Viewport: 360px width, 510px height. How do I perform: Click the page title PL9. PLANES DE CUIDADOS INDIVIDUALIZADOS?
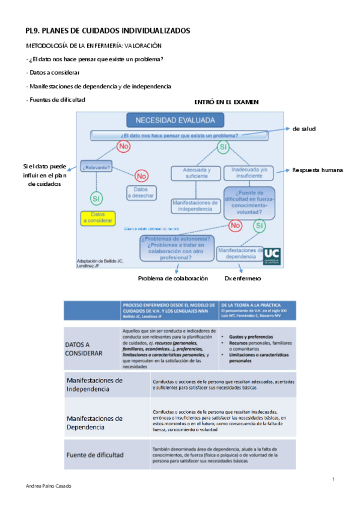click(x=108, y=30)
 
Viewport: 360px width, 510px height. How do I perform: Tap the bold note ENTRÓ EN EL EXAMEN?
click(x=226, y=102)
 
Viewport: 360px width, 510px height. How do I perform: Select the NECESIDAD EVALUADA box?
click(x=174, y=120)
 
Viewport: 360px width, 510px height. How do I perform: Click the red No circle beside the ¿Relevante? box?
click(x=141, y=176)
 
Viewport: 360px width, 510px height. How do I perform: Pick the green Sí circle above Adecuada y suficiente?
click(x=223, y=147)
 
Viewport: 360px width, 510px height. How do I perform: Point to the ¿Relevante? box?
click(x=97, y=167)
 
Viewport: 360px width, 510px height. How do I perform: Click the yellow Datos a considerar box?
click(x=98, y=218)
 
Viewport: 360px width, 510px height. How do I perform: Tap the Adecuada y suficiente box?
click(x=196, y=173)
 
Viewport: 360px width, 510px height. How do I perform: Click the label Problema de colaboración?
click(x=172, y=278)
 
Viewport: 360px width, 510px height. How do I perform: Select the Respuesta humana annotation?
click(x=317, y=170)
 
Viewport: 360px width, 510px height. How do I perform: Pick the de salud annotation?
click(x=304, y=129)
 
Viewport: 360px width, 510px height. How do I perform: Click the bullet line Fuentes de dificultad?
click(x=56, y=99)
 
